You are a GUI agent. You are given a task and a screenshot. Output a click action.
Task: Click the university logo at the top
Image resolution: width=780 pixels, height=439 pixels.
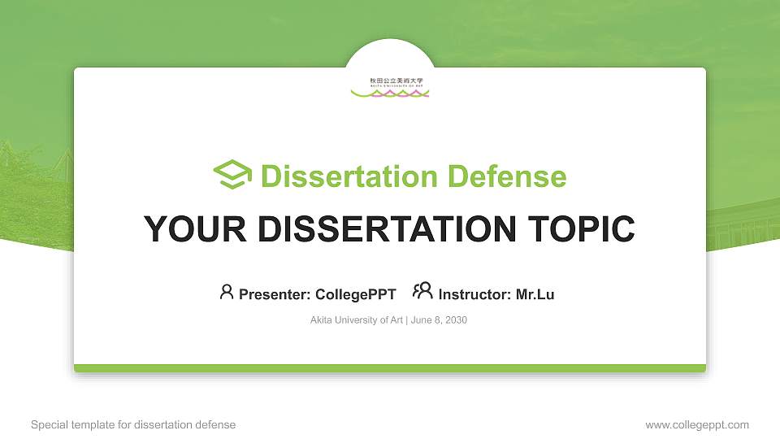point(390,87)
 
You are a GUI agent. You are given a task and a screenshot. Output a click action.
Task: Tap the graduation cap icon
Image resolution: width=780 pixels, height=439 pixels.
point(232,175)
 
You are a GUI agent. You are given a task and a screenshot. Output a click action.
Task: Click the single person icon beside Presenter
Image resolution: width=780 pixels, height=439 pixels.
point(227,292)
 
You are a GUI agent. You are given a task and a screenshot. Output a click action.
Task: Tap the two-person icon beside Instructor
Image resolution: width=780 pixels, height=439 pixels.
point(422,291)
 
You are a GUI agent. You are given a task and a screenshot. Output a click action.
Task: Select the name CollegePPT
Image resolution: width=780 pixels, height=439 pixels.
point(355,294)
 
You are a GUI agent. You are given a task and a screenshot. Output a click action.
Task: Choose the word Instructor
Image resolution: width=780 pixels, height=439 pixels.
point(474,294)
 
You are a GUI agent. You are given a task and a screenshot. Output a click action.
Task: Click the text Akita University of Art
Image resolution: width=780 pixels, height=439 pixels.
point(356,320)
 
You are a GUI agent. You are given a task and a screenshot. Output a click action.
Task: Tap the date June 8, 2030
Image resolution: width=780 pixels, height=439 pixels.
point(439,320)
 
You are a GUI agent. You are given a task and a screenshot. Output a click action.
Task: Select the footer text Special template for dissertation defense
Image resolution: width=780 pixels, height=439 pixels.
point(133,424)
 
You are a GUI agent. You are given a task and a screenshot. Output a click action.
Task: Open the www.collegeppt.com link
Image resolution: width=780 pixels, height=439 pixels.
point(697,424)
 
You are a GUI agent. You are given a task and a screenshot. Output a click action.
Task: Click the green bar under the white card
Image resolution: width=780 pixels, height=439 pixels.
point(390,368)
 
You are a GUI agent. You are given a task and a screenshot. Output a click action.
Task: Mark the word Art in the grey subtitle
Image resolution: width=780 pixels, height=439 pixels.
point(395,320)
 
